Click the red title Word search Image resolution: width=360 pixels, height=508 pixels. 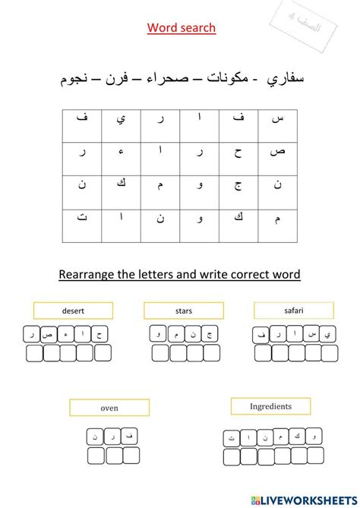point(181,28)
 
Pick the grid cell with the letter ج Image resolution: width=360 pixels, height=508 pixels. point(238,184)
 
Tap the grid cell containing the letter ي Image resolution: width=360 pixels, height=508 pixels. point(121,118)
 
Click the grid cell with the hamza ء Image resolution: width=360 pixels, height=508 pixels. point(121,151)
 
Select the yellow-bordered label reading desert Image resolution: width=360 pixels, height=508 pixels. point(73,311)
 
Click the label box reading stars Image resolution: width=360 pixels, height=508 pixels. point(183,311)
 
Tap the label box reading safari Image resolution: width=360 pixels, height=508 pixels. point(293,310)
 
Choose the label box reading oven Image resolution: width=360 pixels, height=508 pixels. point(109,408)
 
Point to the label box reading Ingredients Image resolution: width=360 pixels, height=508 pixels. point(270,406)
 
